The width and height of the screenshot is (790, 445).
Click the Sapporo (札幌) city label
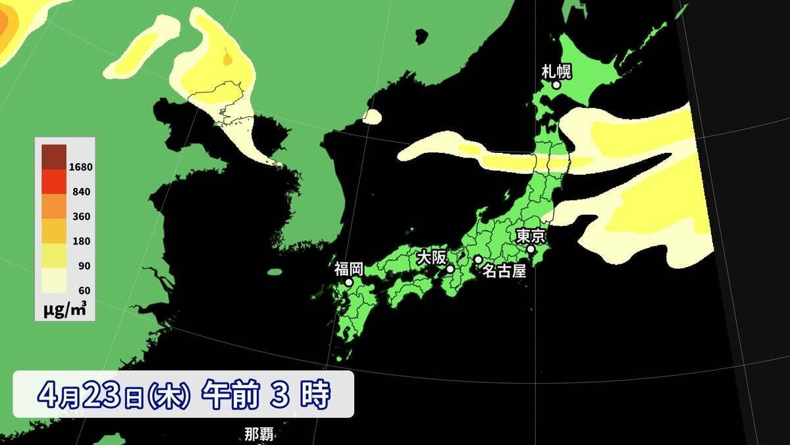point(556,71)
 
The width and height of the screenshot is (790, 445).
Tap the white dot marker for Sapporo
point(556,85)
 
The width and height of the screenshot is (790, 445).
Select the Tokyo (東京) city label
point(530,235)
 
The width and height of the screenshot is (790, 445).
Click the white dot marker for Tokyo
point(531,249)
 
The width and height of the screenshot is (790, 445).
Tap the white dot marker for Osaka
point(450,269)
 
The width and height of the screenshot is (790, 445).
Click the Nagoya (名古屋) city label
point(504,270)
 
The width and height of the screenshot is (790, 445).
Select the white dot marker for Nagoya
point(478,260)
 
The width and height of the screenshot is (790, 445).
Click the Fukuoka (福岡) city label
point(348,268)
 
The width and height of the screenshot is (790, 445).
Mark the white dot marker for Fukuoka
point(349,282)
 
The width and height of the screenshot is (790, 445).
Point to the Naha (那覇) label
point(259,435)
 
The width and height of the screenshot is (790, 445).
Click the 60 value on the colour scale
point(84,290)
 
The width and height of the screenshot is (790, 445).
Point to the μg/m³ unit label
point(64,309)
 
